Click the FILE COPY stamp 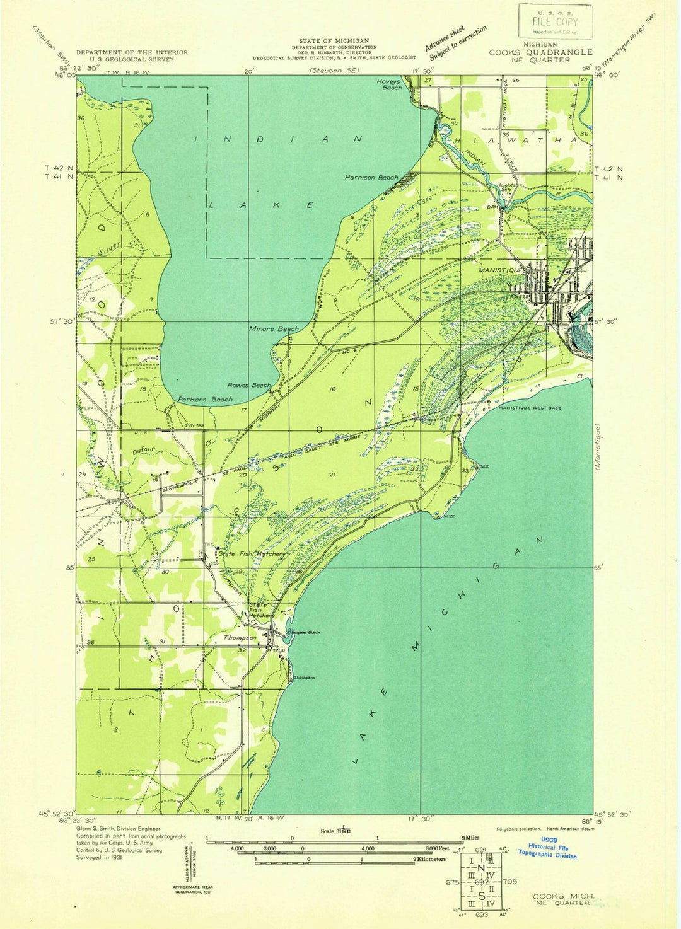556,22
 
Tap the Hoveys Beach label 389,84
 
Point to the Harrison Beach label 371,178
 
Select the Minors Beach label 274,329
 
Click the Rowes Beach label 249,385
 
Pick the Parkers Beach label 205,400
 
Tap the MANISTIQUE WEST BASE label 530,408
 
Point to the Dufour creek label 144,451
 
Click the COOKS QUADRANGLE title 540,52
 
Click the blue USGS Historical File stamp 547,851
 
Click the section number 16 332,389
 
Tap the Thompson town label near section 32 240,638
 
